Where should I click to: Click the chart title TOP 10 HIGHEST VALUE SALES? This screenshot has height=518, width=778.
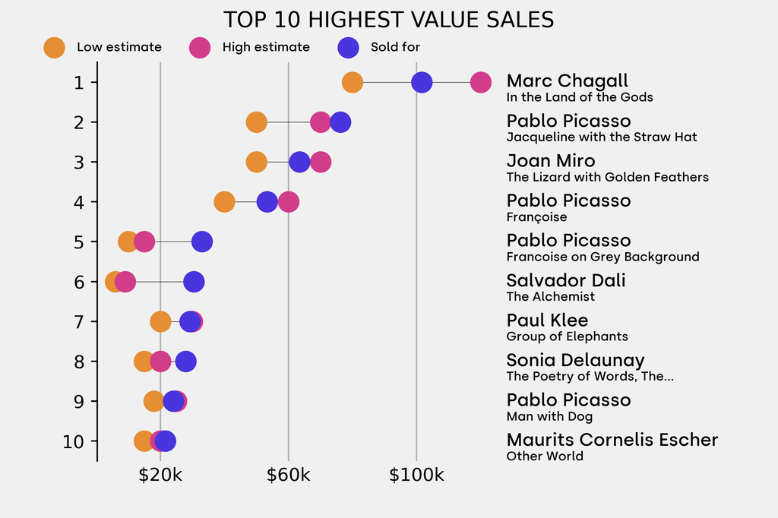(x=388, y=20)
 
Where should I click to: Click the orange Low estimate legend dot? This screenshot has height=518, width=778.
(x=54, y=47)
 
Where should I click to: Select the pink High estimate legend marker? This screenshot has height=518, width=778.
(x=200, y=47)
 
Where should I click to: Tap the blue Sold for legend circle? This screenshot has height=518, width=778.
(x=347, y=47)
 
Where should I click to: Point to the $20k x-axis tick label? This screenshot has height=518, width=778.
(x=160, y=475)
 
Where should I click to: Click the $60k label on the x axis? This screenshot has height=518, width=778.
(x=288, y=475)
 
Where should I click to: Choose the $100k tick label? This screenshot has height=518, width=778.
(x=416, y=475)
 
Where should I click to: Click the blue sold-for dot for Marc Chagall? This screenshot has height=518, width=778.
(x=422, y=82)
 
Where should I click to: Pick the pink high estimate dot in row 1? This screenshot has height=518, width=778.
(x=480, y=82)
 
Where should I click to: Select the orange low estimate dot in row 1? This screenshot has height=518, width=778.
(x=352, y=82)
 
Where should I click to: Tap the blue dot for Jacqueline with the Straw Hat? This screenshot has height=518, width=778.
(x=340, y=122)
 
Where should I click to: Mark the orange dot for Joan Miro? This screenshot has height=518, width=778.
(x=257, y=162)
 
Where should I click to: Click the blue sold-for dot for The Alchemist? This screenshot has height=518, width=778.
(x=194, y=282)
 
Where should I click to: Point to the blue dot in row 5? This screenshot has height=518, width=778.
(x=201, y=242)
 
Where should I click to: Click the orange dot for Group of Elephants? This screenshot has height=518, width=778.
(x=160, y=321)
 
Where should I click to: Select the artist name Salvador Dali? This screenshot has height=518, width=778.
(x=566, y=280)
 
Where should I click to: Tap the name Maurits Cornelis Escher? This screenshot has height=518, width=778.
(x=612, y=440)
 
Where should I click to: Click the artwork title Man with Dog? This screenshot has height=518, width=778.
(x=549, y=416)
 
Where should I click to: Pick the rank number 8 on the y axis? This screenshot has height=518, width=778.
(x=79, y=362)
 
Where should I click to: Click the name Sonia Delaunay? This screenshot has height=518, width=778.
(x=575, y=360)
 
